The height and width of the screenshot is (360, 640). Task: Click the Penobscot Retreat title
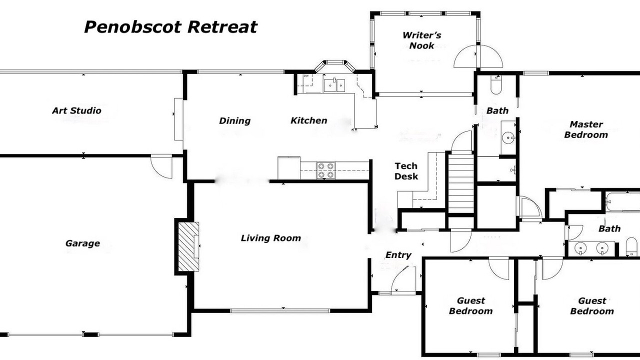170,26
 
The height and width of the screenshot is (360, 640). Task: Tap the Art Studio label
76,110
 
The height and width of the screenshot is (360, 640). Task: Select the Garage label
82,243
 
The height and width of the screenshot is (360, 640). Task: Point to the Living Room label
270,238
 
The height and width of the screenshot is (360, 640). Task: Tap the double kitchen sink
334,85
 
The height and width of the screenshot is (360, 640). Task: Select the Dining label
234,120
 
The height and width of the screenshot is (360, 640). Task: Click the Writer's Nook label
421,40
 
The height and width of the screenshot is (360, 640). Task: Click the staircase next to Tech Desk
460,182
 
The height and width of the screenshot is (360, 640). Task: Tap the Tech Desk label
406,171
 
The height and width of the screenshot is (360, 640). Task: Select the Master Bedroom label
586,129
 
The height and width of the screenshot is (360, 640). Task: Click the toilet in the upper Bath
495,86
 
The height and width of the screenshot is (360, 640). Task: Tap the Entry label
398,255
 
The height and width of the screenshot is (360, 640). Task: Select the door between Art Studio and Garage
162,166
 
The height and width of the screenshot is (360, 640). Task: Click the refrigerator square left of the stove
289,167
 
